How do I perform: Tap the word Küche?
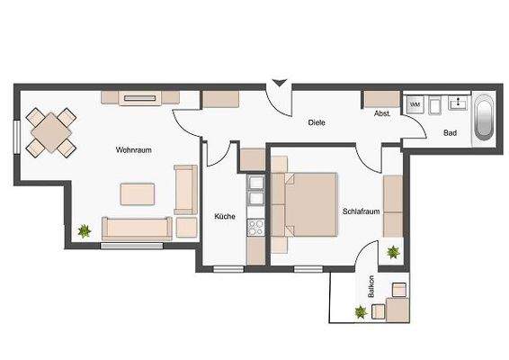tap(224, 216)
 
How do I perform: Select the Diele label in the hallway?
tap(316, 121)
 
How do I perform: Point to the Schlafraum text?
tap(360, 211)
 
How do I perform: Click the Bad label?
tap(451, 133)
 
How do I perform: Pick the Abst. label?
tap(381, 114)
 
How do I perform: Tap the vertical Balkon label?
tap(371, 287)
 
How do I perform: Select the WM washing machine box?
tap(415, 105)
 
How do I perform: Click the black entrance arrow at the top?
tap(280, 84)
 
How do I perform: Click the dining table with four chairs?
tap(52, 131)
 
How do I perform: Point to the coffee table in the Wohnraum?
tap(138, 193)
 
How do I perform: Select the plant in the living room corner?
tap(85, 231)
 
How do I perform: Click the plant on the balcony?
tap(361, 312)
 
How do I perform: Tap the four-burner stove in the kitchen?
tap(255, 227)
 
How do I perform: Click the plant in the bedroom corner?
tap(393, 253)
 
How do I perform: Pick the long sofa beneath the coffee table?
tap(137, 229)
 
